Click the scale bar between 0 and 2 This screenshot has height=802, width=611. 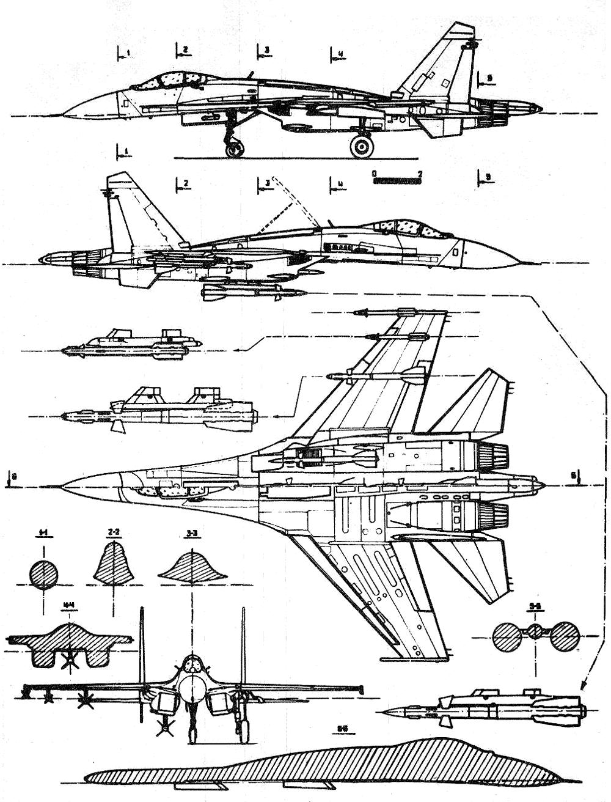[396, 180]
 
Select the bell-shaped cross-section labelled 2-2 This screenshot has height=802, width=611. [112, 564]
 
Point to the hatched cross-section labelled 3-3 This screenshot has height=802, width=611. [193, 565]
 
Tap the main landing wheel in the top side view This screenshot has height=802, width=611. [362, 146]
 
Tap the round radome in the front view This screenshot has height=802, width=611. [193, 684]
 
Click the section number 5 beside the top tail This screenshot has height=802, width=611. [489, 78]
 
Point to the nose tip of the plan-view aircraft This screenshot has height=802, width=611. [62, 487]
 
